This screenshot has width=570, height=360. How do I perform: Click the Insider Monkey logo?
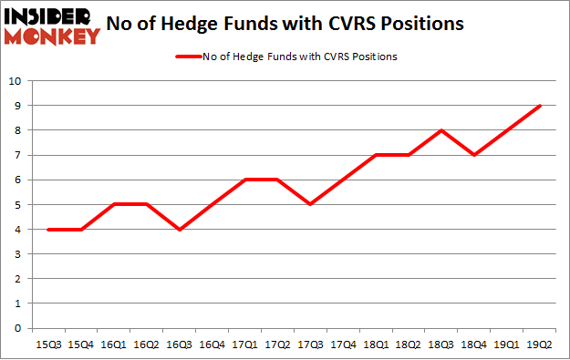51,26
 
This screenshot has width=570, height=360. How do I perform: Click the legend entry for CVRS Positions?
285,57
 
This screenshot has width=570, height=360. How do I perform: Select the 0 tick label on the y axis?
16,328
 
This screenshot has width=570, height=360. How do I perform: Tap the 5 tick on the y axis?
16,205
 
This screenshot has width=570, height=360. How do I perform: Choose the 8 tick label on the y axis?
16,130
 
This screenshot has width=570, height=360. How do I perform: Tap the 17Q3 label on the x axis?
310,345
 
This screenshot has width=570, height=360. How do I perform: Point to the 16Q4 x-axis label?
211,345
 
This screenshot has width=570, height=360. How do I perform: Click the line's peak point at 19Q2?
542,106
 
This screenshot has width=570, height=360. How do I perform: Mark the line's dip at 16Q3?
178,230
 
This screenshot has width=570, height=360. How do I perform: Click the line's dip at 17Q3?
310,204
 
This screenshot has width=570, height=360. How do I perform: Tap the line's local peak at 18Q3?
442,130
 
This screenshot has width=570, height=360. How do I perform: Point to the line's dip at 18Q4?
475,155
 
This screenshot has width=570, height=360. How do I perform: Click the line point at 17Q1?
244,180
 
